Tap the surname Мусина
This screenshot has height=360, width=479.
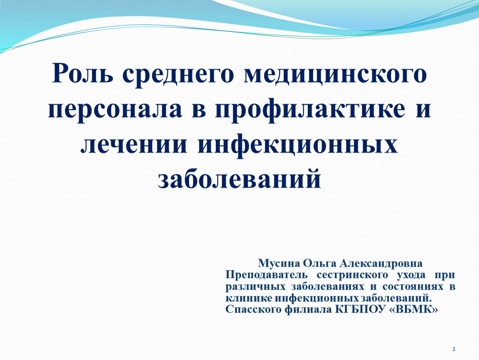pyautogui.click(x=278, y=264)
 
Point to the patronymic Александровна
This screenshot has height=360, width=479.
pyautogui.click(x=381, y=264)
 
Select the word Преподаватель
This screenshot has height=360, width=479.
pyautogui.click(x=267, y=275)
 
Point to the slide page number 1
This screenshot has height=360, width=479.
pyautogui.click(x=454, y=349)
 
